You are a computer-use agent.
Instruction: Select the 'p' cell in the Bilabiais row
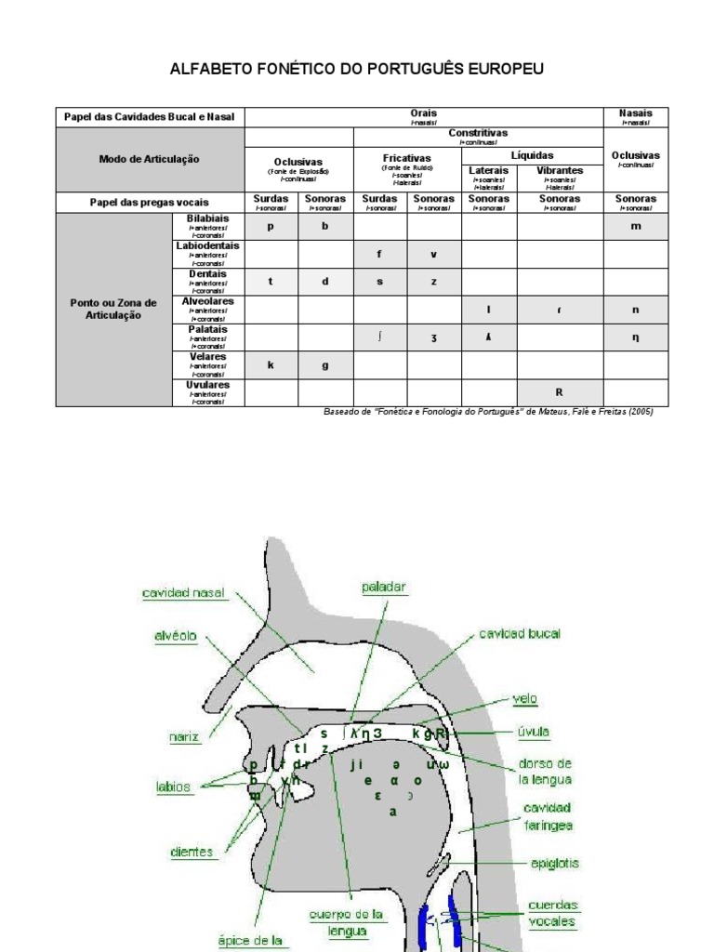coord(271,226)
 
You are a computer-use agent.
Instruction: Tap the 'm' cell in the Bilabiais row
coord(636,226)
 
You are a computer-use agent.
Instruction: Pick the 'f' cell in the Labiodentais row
coord(379,254)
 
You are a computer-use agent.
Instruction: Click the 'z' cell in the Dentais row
coord(433,282)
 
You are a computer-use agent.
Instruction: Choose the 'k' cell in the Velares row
coord(271,365)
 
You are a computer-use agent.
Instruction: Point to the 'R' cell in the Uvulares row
coord(560,392)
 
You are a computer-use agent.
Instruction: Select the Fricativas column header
coord(407,158)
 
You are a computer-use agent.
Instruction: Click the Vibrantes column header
coord(560,171)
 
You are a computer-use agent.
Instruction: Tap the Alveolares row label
coord(208,302)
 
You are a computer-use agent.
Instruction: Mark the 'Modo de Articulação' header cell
coord(149,159)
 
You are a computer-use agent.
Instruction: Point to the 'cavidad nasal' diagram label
coord(184,593)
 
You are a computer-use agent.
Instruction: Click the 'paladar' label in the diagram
coord(384,587)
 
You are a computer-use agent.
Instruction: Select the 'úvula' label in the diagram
coord(534,732)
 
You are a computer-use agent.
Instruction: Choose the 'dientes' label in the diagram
coord(192,852)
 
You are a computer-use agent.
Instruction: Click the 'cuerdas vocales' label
coord(552,914)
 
